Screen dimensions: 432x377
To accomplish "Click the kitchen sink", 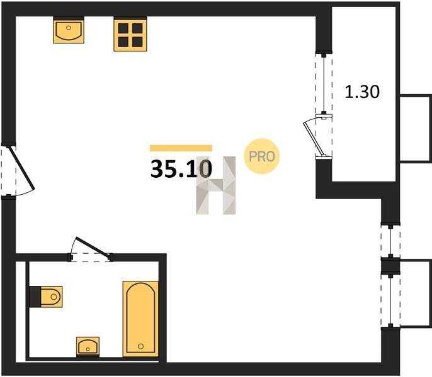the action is (69, 30).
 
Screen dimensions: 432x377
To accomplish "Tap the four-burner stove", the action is (130, 34).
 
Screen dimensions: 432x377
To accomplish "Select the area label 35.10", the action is (181, 168).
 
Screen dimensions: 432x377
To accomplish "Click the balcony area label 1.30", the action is (362, 92).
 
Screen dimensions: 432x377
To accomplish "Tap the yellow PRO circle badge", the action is (262, 156).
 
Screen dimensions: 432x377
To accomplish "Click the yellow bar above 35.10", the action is (181, 148).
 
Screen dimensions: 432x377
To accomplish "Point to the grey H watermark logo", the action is (216, 185).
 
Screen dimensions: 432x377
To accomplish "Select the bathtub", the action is (141, 319).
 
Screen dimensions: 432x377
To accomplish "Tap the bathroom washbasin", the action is (88, 347).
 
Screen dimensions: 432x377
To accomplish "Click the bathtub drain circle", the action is (141, 346).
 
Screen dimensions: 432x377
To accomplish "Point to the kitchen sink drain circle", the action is (69, 28).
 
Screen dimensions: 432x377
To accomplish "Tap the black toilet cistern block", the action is (35, 297).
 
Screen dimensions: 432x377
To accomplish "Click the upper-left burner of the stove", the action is (123, 28).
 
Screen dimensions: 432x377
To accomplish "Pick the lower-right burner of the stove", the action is (137, 42).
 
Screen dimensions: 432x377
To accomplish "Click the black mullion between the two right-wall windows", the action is (390, 265).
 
